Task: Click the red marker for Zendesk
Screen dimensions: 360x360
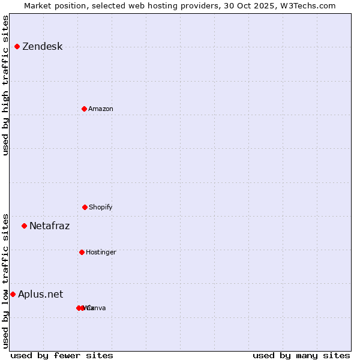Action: click(x=17, y=46)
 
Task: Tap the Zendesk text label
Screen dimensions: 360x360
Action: click(x=42, y=47)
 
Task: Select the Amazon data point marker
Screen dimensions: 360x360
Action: click(x=84, y=109)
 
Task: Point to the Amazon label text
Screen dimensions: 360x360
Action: click(x=101, y=109)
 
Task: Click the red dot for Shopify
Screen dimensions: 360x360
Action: click(x=85, y=207)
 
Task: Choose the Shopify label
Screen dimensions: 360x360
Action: click(x=101, y=207)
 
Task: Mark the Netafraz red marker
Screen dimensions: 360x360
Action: click(x=24, y=226)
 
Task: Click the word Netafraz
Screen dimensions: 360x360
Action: click(x=49, y=226)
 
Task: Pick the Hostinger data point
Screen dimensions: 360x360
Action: click(x=82, y=252)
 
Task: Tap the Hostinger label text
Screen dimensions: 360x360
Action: click(x=101, y=252)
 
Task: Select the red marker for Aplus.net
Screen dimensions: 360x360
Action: click(x=13, y=294)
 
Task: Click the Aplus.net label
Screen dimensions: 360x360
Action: click(x=40, y=294)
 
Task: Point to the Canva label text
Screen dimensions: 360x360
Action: click(x=98, y=308)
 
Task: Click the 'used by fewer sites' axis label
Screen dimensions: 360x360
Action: click(x=62, y=355)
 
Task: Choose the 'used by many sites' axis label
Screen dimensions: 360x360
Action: click(x=301, y=355)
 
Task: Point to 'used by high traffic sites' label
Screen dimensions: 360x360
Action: click(x=5, y=85)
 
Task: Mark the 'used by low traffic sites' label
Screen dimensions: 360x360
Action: click(x=5, y=281)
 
